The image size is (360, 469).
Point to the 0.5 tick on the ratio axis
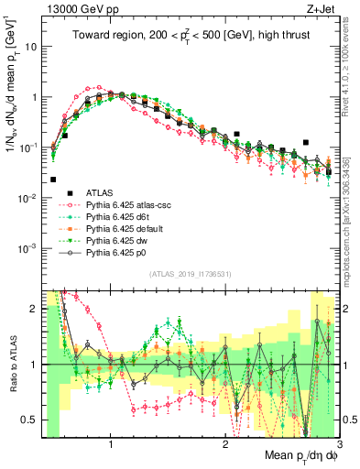click(30, 420)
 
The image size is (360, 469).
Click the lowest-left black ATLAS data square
click(53, 180)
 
